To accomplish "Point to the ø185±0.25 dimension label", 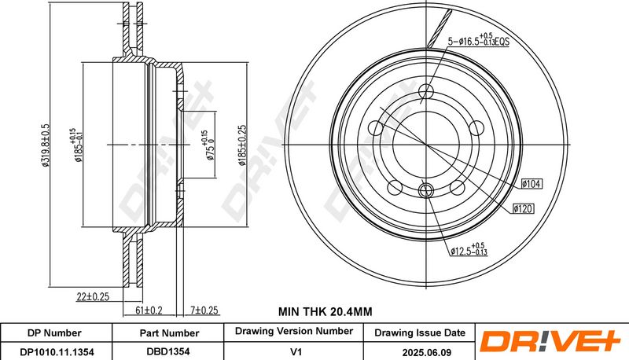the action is [x=242, y=145].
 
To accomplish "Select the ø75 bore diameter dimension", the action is [x=208, y=145].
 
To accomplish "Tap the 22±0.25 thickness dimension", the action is [x=93, y=296].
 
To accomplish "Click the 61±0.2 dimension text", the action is [x=149, y=310].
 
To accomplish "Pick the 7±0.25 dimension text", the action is [x=204, y=310].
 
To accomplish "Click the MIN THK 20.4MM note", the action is [x=326, y=311].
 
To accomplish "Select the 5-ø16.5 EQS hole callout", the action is [x=478, y=39].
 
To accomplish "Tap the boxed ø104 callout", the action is [x=532, y=184].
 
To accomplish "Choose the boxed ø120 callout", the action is [x=524, y=208].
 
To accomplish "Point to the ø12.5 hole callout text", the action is [x=469, y=249].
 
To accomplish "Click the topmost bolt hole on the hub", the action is [x=426, y=91].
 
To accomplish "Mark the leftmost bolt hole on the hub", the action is [x=376, y=128].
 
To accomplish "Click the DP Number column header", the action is [x=54, y=333].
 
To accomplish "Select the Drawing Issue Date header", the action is [x=420, y=332].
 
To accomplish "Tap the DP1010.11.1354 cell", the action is [x=57, y=352].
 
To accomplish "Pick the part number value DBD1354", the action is [x=167, y=351].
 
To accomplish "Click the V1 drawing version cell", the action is [x=296, y=352].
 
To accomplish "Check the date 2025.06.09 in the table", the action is [x=426, y=352].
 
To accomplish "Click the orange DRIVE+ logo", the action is [x=550, y=341].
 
